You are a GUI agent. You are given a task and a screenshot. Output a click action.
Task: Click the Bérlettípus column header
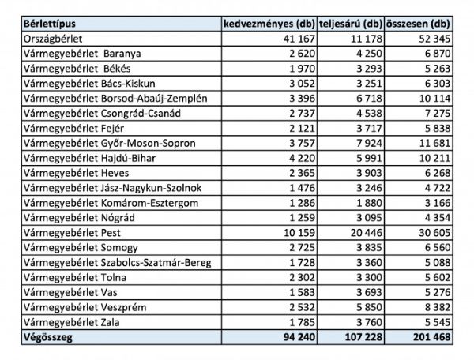[x=50, y=24]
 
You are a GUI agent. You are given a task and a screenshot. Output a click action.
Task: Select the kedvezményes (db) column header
[x=269, y=24]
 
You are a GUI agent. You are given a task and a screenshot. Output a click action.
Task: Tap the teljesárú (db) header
[x=351, y=24]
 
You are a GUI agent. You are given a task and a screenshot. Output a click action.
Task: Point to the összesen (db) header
[x=418, y=24]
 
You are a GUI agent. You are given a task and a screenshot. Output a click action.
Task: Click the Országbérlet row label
[x=53, y=39]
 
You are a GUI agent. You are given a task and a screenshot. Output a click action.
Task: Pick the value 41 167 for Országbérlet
[x=299, y=39]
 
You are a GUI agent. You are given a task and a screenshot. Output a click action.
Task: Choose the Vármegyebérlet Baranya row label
[x=82, y=54]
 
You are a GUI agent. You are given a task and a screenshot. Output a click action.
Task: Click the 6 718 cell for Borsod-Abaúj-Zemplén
[x=369, y=99]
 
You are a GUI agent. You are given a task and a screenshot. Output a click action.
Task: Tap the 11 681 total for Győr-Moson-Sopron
[x=434, y=143]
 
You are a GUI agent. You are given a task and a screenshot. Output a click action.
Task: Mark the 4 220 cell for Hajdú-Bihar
[x=302, y=158]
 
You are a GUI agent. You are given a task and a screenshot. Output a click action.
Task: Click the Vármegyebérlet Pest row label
[x=72, y=233]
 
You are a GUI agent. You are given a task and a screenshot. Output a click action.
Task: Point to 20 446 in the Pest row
[x=367, y=233]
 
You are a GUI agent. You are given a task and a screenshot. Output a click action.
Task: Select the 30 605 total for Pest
[x=434, y=233]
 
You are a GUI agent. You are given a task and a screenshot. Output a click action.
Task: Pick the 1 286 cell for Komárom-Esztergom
[x=302, y=203]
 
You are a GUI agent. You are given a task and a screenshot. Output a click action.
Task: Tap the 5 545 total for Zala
[x=438, y=323]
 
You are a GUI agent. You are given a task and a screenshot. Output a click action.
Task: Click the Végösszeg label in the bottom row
[x=48, y=337]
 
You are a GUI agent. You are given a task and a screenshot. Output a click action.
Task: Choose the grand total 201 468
[x=431, y=337]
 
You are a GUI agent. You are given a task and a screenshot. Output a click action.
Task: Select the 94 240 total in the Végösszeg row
[x=299, y=337]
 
